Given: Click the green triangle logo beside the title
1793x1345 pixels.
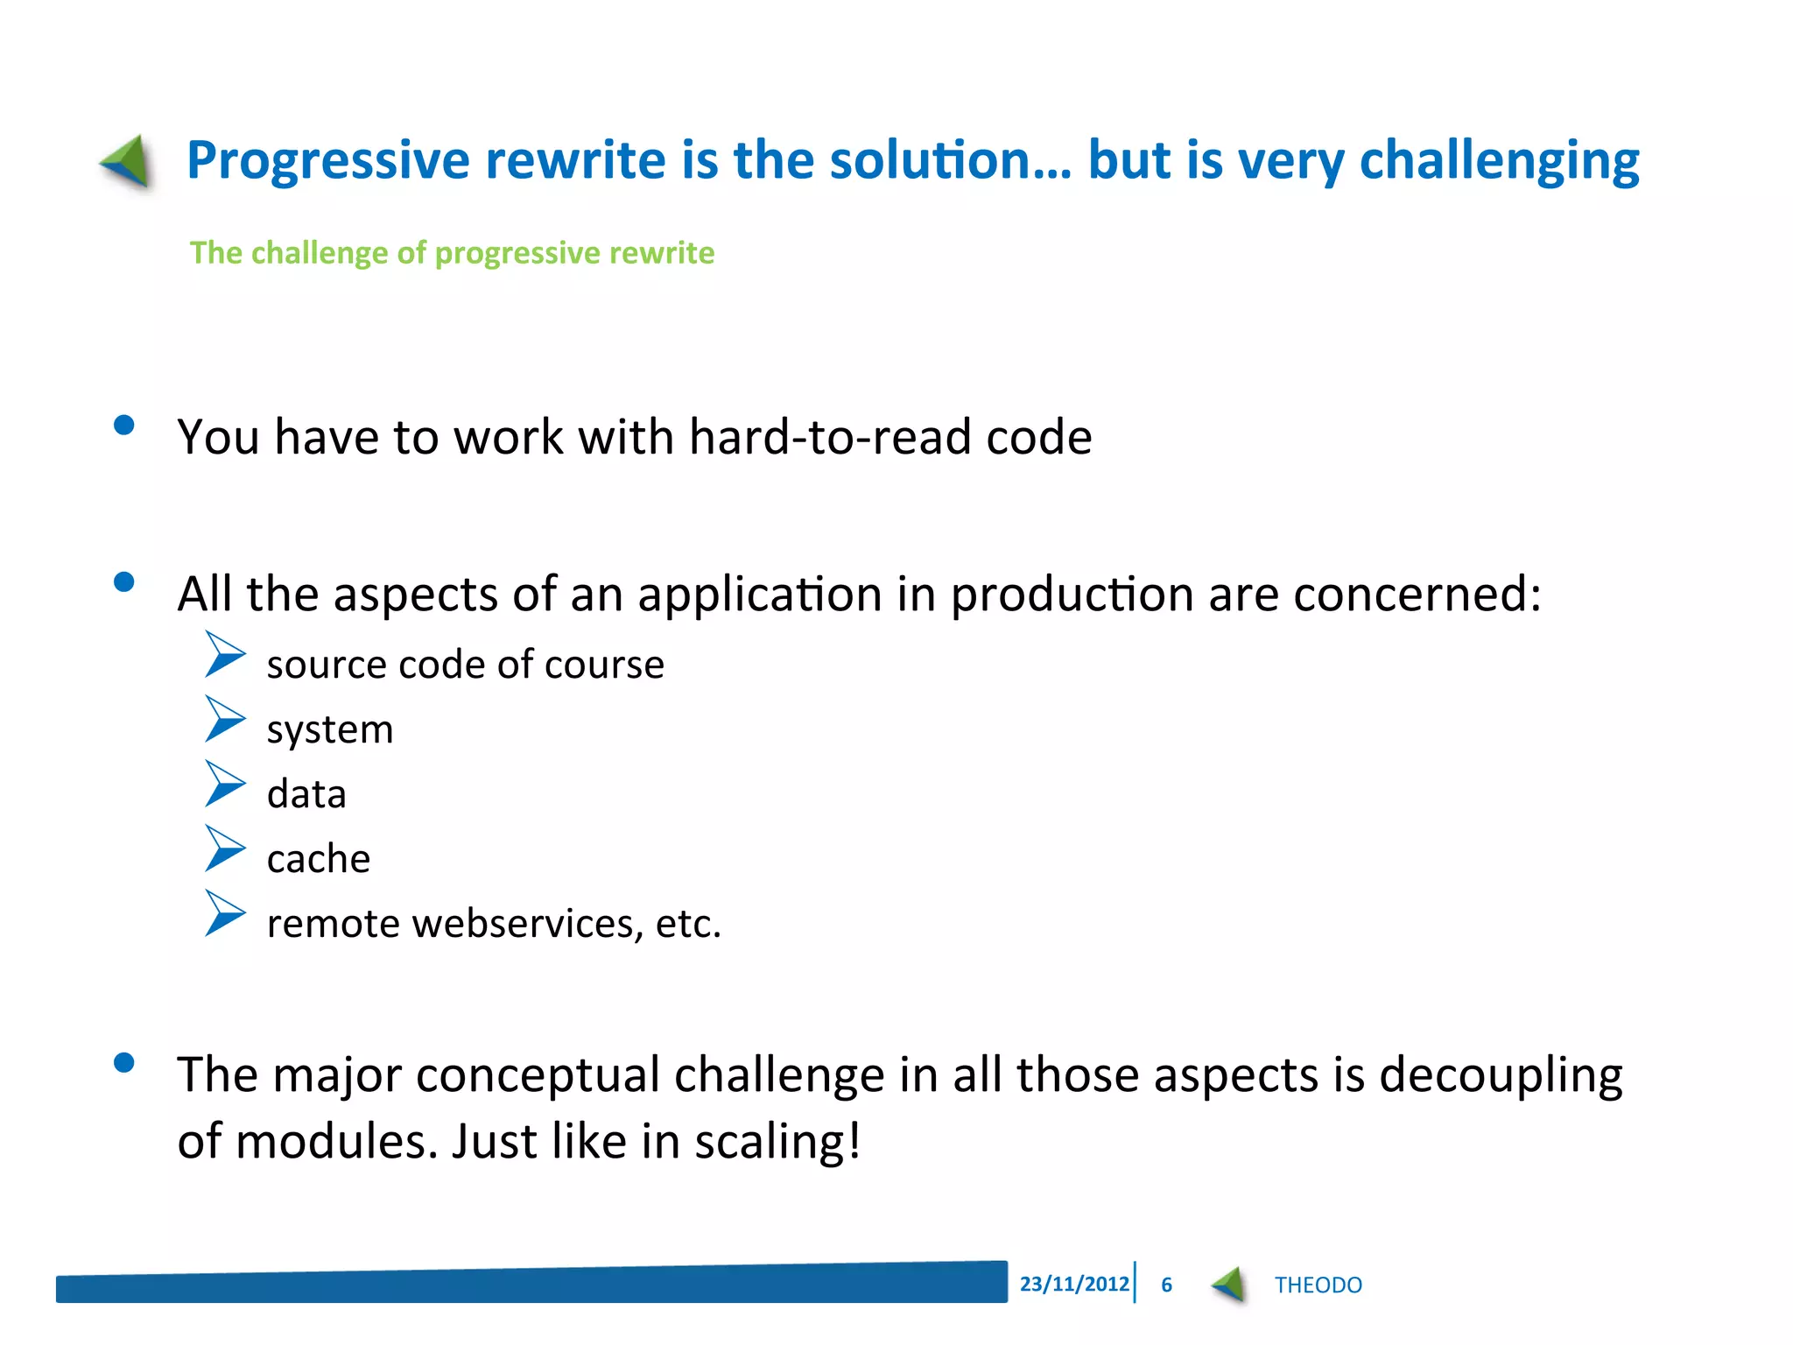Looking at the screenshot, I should click(128, 162).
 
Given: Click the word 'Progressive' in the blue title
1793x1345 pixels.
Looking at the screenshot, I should click(328, 160).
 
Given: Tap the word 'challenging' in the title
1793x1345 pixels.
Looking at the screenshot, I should click(1498, 162).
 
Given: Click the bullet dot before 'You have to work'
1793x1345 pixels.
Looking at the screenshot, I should click(124, 426).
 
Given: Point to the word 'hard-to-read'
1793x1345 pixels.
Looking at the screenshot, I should click(829, 436).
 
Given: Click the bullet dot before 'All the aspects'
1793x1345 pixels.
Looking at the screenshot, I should click(124, 582).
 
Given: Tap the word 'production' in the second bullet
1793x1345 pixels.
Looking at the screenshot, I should click(1072, 595).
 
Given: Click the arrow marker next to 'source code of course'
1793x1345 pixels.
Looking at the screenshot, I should click(225, 655).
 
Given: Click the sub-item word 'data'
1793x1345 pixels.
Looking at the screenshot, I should click(306, 794).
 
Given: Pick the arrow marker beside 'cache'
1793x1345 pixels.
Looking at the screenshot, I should click(225, 849).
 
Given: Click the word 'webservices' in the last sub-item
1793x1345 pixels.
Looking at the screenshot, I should click(528, 924).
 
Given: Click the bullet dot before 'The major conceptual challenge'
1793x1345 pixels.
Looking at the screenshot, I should click(124, 1063).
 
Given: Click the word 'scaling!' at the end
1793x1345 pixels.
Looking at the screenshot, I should click(777, 1142).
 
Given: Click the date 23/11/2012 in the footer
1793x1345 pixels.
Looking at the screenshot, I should click(1073, 1284).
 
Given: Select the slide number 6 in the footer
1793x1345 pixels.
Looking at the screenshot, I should click(1166, 1285).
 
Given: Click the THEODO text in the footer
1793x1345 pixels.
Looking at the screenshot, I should click(1318, 1285).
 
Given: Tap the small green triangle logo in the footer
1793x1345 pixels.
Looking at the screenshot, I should click(1230, 1285).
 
